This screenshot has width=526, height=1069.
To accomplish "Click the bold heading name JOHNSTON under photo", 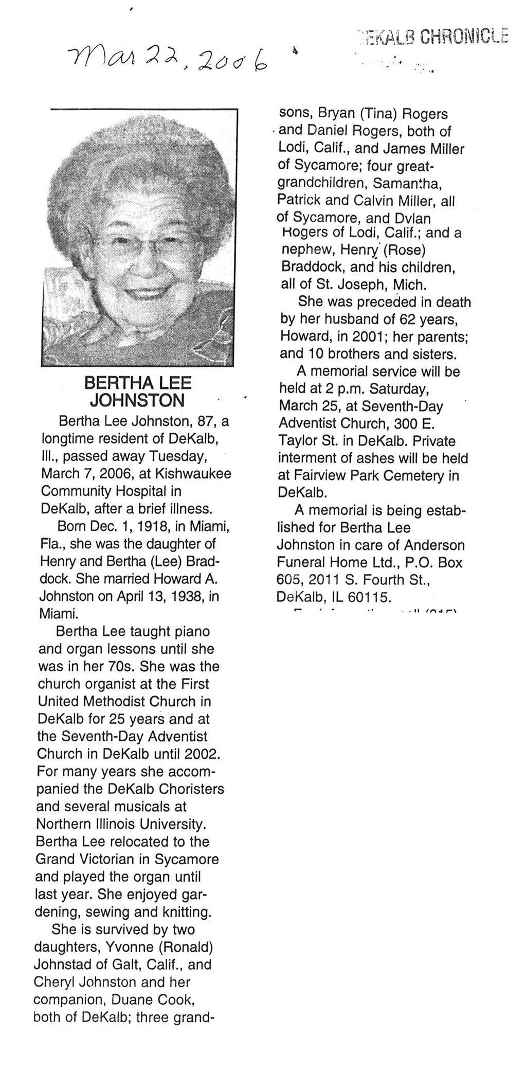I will (x=137, y=400).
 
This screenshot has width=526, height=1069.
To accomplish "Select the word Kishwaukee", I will (x=198, y=474).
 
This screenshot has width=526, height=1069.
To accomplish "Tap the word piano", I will (x=188, y=631).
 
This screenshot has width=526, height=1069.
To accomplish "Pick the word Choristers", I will (x=191, y=789).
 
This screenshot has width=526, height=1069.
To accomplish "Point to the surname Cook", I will (x=177, y=1000).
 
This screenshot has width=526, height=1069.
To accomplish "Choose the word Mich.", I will (x=410, y=284).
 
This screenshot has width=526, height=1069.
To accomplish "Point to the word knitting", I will (x=186, y=913).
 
